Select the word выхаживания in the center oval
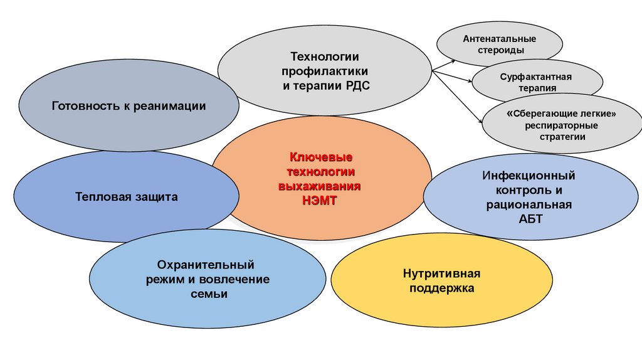(x=320, y=186)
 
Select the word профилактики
(x=325, y=71)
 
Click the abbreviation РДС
(x=358, y=86)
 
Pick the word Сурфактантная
(x=536, y=77)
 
